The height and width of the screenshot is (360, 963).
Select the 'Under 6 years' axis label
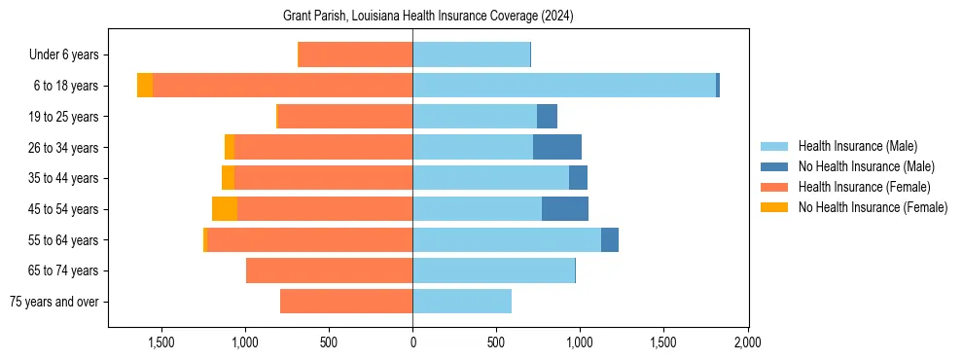pyautogui.click(x=69, y=55)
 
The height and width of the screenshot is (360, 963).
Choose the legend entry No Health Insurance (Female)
pyautogui.click(x=873, y=207)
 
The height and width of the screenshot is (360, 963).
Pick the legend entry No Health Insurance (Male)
pyautogui.click(x=866, y=166)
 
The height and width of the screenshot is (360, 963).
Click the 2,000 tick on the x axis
pyautogui.click(x=747, y=343)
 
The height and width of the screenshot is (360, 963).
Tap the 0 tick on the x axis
pyautogui.click(x=412, y=343)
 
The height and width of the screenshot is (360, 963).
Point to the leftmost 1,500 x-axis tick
pyautogui.click(x=160, y=343)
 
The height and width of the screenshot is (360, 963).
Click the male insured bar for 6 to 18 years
pyautogui.click(x=564, y=86)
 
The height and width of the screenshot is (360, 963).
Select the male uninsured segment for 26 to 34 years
pyautogui.click(x=557, y=147)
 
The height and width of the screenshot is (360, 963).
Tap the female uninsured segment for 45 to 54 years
pyautogui.click(x=225, y=209)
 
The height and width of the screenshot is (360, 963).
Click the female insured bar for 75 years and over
pyautogui.click(x=346, y=302)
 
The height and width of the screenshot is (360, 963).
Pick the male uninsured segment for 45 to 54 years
pyautogui.click(x=565, y=209)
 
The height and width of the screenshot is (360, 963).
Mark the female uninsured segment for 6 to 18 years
pyautogui.click(x=145, y=86)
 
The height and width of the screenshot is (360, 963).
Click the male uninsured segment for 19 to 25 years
pyautogui.click(x=547, y=117)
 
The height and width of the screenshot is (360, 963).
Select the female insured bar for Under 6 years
pyautogui.click(x=355, y=55)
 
